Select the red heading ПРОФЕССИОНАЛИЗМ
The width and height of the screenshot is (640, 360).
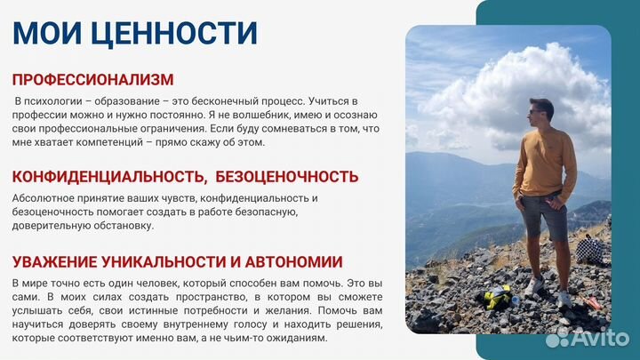pyautogui.click(x=92, y=80)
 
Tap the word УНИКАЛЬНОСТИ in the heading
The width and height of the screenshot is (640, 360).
pyautogui.click(x=178, y=261)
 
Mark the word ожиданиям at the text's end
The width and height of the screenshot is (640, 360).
pyautogui.click(x=297, y=338)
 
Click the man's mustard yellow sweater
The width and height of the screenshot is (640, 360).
pyautogui.click(x=542, y=160)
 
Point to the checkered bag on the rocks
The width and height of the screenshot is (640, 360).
pyautogui.click(x=590, y=248)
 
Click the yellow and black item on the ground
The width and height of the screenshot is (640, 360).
pyautogui.click(x=492, y=298)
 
